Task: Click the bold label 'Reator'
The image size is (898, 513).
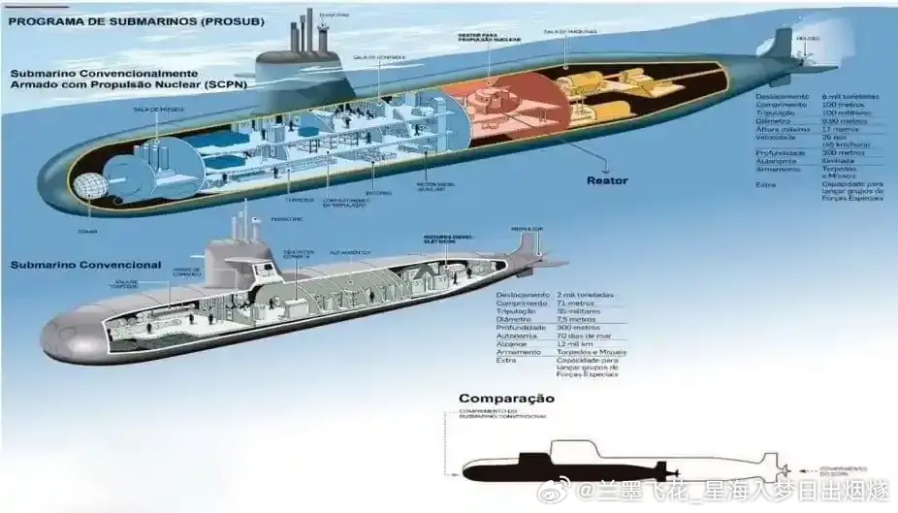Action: point(607,180)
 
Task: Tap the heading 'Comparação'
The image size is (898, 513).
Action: point(506,398)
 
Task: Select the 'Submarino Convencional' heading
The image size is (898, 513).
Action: point(85,265)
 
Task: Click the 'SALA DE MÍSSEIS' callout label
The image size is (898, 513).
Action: point(153,110)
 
